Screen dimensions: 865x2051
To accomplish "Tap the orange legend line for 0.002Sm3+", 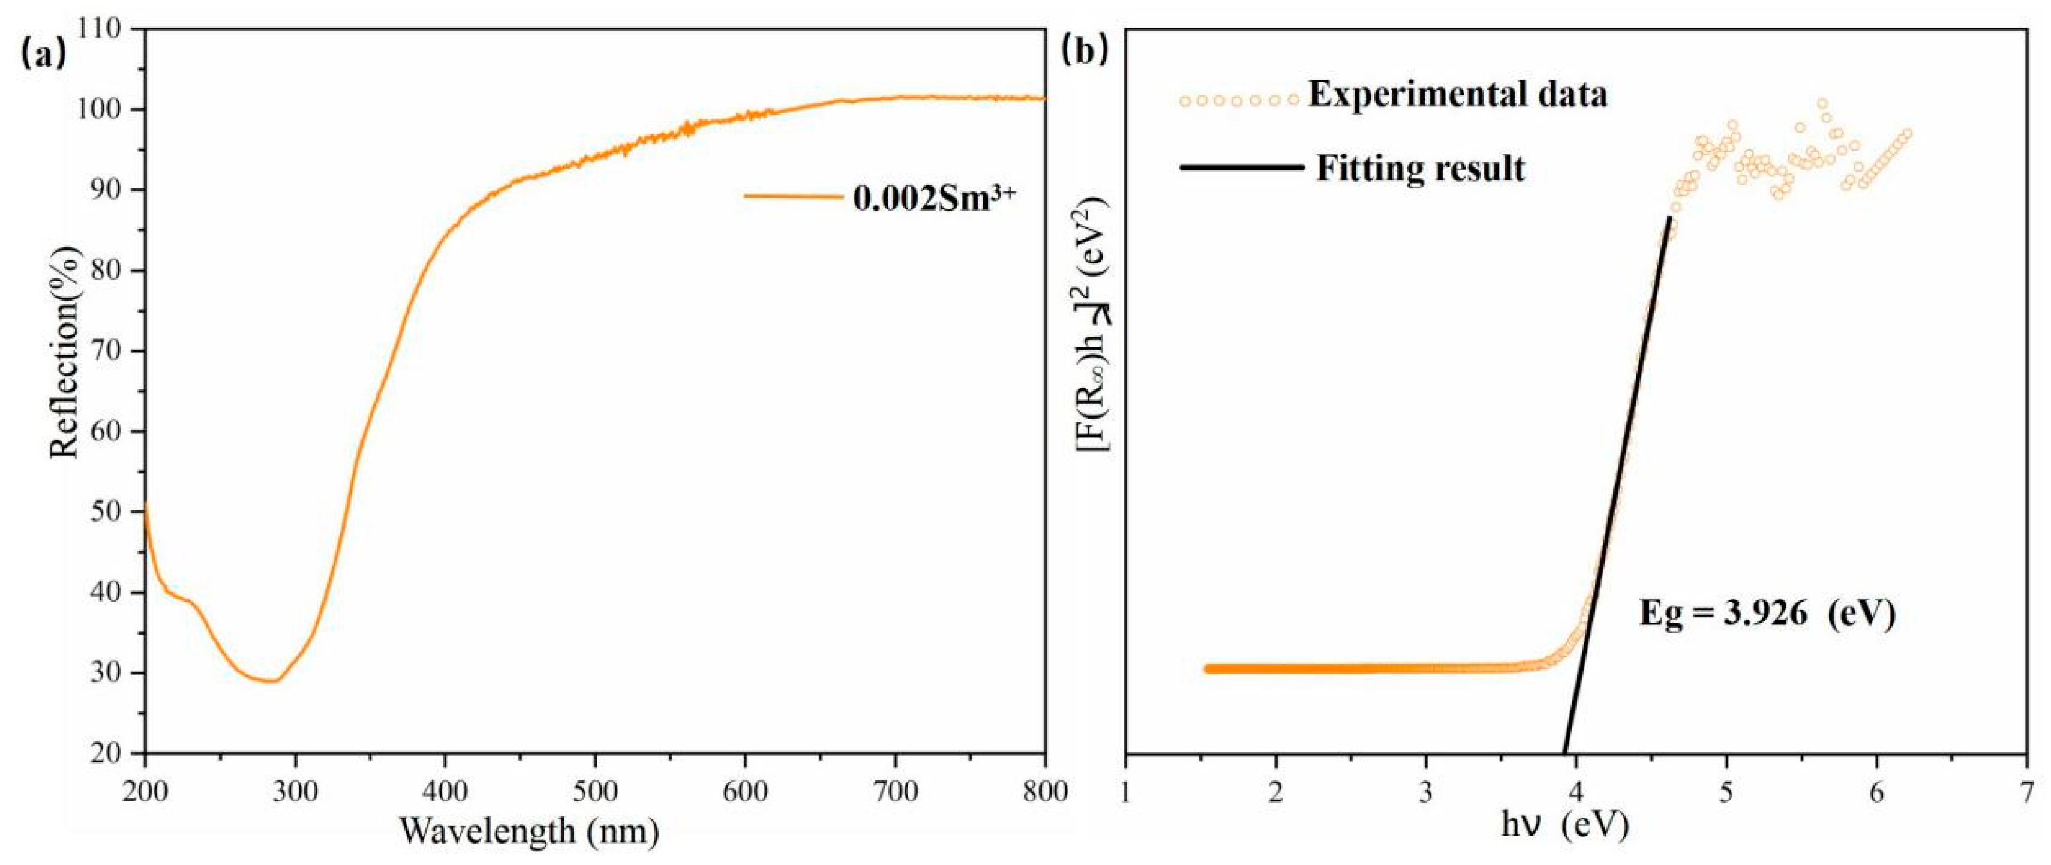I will [793, 196].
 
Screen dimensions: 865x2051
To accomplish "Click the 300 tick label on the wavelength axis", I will [295, 792].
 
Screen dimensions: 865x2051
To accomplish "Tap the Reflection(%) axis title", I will [65, 350].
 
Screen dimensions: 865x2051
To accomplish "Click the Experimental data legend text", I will [1457, 95].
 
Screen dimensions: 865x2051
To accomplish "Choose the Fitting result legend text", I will [1421, 169].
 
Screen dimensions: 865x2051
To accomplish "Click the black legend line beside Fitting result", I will [1242, 168].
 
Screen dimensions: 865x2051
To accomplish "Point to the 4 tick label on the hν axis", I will [1576, 792].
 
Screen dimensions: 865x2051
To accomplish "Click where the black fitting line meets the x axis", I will [1565, 753].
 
